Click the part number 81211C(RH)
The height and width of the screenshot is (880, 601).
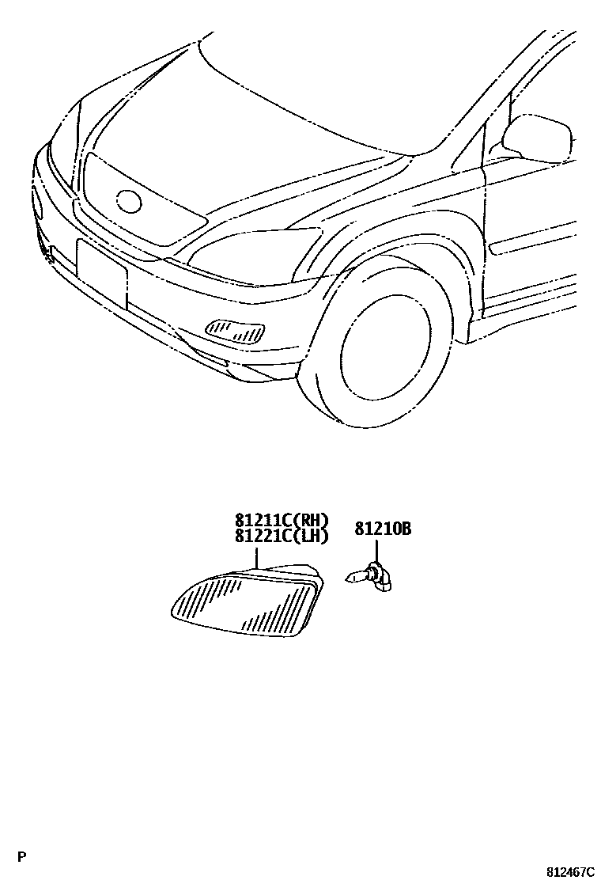click(281, 521)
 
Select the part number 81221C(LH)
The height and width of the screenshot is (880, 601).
click(281, 536)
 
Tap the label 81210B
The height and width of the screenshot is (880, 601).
click(383, 529)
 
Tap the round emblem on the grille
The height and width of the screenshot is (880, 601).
click(129, 201)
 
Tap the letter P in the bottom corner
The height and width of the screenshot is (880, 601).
click(22, 856)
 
